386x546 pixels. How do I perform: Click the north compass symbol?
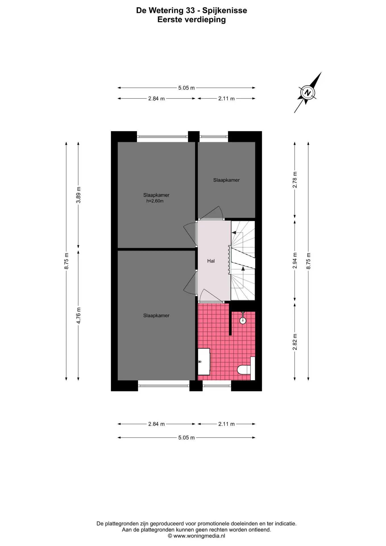pos(308,92)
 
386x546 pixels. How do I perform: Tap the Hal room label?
pos(211,261)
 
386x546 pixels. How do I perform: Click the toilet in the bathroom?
pos(244,370)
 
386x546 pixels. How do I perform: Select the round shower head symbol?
pos(243,320)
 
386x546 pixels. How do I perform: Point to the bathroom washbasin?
pos(204,362)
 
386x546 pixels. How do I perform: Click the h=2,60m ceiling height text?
pos(155,201)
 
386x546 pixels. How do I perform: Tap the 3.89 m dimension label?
pos(78,195)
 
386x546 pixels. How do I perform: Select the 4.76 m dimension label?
pos(78,315)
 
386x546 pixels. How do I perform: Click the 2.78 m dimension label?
pos(295,180)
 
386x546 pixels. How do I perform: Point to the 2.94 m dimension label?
pos(295,260)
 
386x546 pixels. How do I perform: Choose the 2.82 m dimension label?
pos(295,342)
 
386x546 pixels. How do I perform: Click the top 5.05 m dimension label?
pos(186,88)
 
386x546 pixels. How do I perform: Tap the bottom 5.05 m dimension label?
pos(186,437)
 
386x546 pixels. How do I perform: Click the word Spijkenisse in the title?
pos(225,11)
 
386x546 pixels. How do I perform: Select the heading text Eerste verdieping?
pos(192,20)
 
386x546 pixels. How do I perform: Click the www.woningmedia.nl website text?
pos(199,536)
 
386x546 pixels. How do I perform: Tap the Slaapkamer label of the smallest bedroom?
pos(227,180)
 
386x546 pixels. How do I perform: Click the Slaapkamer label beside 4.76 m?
pos(156,315)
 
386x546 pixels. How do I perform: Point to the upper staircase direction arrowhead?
pos(234,233)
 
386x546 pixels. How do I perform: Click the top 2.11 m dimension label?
pos(227,99)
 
